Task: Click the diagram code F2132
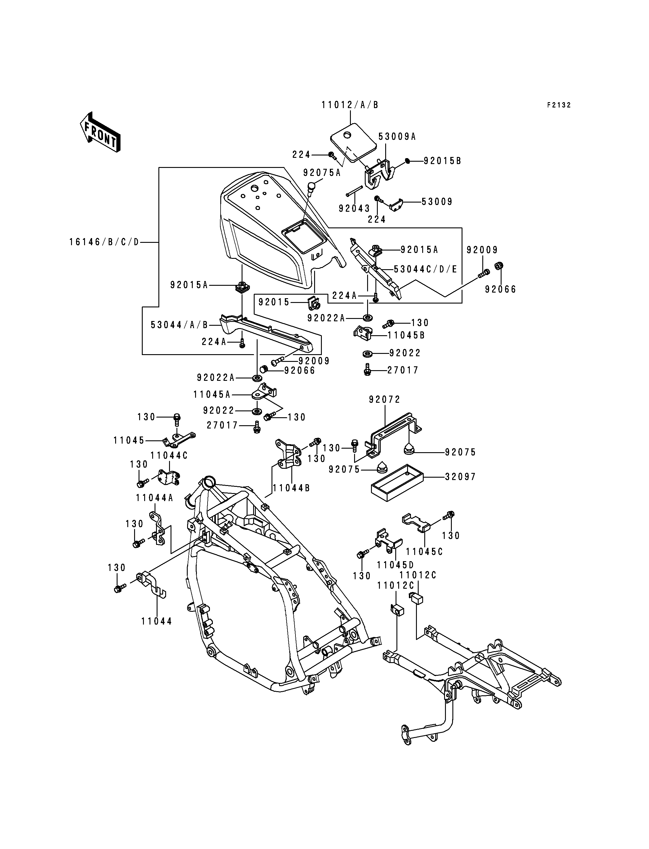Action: (x=559, y=105)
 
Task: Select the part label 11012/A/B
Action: (x=350, y=105)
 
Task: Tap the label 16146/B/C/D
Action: (x=104, y=242)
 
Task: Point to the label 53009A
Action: (x=397, y=137)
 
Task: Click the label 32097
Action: (x=460, y=477)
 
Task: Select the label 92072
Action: (x=385, y=399)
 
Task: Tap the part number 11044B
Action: (x=292, y=488)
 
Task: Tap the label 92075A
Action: (x=322, y=173)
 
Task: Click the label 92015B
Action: (x=443, y=161)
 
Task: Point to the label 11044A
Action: (x=155, y=498)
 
